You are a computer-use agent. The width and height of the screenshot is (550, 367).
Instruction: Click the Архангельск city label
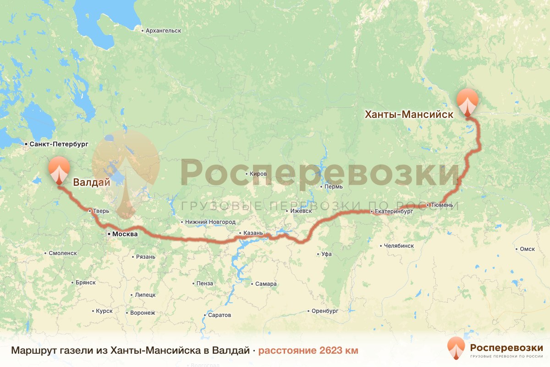coord(163,31)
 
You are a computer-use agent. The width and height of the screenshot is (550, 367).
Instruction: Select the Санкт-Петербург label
coord(59,144)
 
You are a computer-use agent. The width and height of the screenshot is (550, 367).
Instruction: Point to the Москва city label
coord(125,234)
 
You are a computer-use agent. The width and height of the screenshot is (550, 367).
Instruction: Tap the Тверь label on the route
coord(101,211)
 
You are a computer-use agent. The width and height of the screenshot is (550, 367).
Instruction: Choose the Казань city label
coord(253,233)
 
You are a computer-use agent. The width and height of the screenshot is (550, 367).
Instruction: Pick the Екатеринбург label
coord(394,211)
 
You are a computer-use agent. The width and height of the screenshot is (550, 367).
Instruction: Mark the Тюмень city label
coord(442,205)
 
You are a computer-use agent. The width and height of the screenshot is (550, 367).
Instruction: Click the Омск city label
coord(528,249)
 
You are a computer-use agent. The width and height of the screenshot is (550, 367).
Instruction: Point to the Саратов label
coord(220,315)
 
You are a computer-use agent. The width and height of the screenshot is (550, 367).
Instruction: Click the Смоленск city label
coord(63,253)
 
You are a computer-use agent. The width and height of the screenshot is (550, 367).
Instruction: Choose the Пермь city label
coord(333,187)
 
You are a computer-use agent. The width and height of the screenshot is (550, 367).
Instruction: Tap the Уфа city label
coord(326,254)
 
